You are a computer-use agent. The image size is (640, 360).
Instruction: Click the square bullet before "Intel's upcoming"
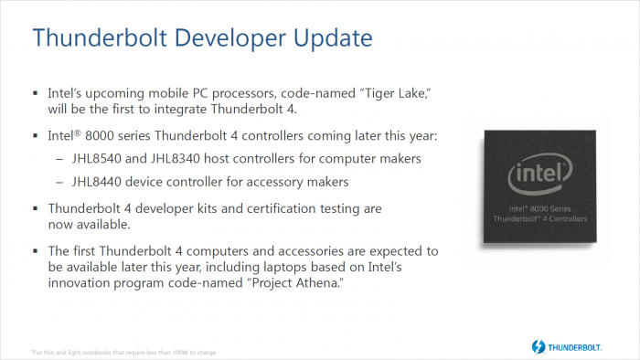pyautogui.click(x=36, y=94)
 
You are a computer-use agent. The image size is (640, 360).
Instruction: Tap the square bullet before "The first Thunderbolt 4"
pyautogui.click(x=36, y=250)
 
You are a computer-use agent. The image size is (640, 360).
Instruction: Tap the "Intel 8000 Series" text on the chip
pyautogui.click(x=539, y=210)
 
